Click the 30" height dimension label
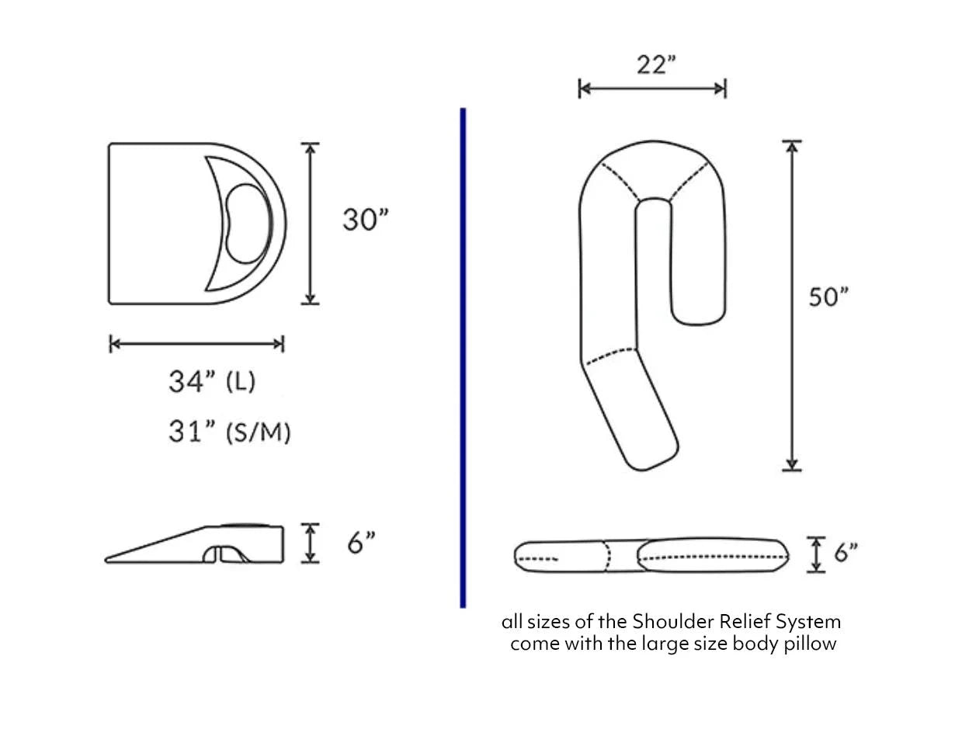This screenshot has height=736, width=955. (x=365, y=220)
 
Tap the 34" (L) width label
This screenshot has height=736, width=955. (x=212, y=381)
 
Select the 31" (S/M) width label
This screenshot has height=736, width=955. (x=229, y=432)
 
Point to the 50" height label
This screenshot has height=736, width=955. (x=828, y=297)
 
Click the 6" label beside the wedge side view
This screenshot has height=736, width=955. (x=361, y=543)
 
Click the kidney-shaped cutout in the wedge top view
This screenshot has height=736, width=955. (x=248, y=223)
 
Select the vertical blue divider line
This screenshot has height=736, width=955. (x=463, y=357)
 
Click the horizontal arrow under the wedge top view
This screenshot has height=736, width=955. (x=196, y=344)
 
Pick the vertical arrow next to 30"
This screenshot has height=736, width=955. (x=310, y=224)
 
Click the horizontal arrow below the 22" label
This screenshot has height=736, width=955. (x=652, y=89)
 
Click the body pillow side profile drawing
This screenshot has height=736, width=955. (x=651, y=555)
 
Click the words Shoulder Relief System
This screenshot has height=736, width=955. (x=736, y=622)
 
